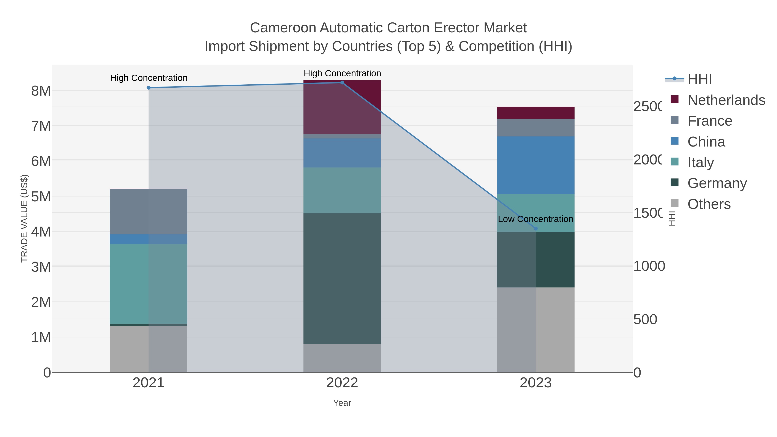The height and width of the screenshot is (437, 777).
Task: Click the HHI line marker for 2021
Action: (x=148, y=88)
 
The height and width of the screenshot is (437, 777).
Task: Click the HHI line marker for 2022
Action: (x=342, y=83)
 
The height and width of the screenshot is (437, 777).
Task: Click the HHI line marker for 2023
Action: (x=536, y=229)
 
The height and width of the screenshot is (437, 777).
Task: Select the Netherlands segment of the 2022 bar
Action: (x=342, y=107)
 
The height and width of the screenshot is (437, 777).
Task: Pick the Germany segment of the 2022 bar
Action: (x=342, y=278)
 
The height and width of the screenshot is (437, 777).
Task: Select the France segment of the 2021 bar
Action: (x=148, y=211)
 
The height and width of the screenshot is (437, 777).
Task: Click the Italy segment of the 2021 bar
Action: (x=148, y=284)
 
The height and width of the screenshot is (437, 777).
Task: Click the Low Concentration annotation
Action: (x=535, y=219)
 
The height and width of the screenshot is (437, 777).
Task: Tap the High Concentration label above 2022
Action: (x=342, y=73)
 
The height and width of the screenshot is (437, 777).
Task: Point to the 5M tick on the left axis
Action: (x=41, y=197)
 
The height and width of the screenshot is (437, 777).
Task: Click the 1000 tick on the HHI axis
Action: (x=649, y=266)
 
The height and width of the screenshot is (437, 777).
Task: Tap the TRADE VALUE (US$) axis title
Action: (x=24, y=218)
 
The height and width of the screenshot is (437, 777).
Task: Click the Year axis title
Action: (x=342, y=403)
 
